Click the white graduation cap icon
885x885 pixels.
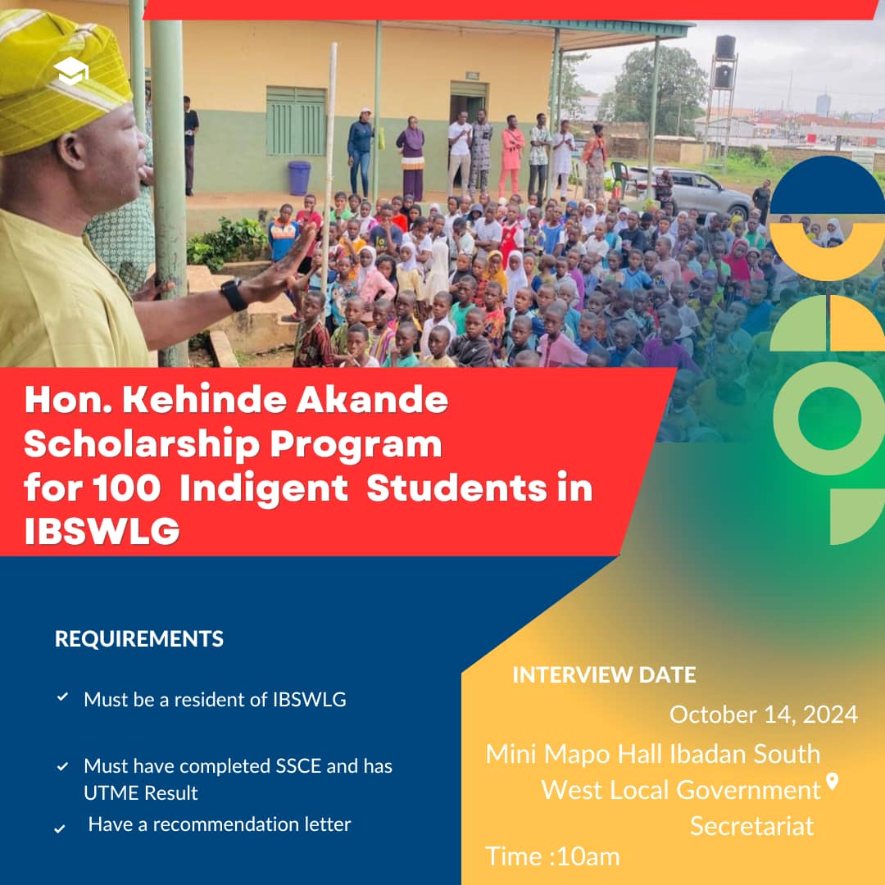pos(71,70)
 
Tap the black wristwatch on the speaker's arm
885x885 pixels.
pos(234,295)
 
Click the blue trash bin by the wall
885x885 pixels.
pos(299,178)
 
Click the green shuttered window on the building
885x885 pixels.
pos(297,120)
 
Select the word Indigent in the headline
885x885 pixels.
pos(264,489)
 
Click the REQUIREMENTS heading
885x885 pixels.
pos(139,639)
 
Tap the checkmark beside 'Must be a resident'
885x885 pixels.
pos(62,697)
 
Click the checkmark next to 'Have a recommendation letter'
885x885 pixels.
pos(60,828)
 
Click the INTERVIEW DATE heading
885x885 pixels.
pos(604,675)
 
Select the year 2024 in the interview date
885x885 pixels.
pos(830,715)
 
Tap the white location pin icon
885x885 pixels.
pos(832,782)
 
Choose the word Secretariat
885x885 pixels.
pos(751,826)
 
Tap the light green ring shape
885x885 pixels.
pos(829,418)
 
